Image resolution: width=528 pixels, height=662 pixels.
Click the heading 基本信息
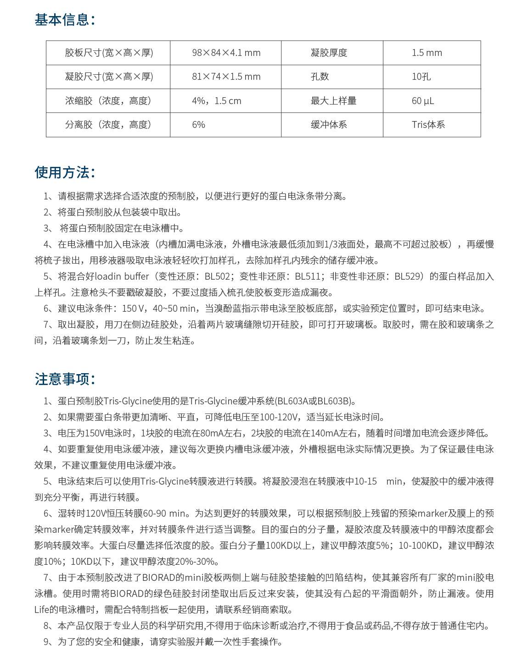pos(65,20)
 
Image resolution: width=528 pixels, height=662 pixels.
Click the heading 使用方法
pos(65,172)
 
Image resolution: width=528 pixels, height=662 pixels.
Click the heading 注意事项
pos(65,379)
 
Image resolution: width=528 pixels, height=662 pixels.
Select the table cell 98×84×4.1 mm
pos(226,53)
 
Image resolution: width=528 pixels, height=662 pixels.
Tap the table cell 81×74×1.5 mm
pos(226,77)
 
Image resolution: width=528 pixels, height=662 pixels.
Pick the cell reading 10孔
pos(421,77)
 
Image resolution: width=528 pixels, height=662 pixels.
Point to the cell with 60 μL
pos(422,101)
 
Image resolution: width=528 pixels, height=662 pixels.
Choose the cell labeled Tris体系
pos(428,125)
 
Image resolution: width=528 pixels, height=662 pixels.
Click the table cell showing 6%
pos(198,125)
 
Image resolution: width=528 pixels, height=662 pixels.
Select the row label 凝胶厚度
pos(329,53)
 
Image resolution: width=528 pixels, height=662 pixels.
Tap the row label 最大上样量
pos(333,101)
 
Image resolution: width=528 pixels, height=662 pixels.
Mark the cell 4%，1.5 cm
pos(216,101)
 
